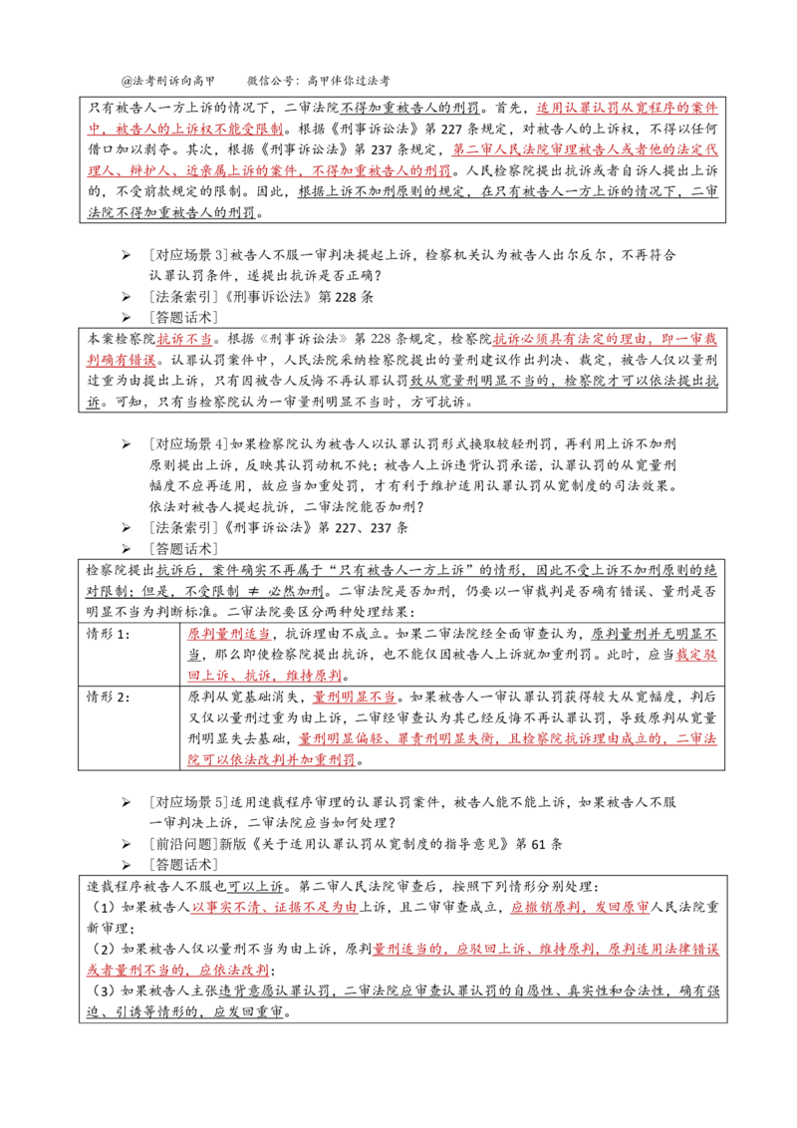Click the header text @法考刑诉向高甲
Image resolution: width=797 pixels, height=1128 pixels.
pyautogui.click(x=168, y=81)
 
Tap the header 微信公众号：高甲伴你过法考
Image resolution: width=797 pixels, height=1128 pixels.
pyautogui.click(x=318, y=81)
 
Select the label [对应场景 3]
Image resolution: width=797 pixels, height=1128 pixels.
pyautogui.click(x=188, y=255)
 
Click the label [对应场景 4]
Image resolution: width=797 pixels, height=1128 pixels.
pyautogui.click(x=188, y=443)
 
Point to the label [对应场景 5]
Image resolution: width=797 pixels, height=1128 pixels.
pyautogui.click(x=188, y=801)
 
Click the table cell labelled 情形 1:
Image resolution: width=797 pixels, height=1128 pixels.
pyautogui.click(x=108, y=634)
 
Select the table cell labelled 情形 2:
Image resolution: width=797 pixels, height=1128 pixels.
pyautogui.click(x=108, y=697)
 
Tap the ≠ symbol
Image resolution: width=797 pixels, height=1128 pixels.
pyautogui.click(x=253, y=591)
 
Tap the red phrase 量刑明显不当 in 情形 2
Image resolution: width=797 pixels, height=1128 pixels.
pyautogui.click(x=355, y=697)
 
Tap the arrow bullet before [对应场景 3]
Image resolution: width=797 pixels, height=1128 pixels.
pyautogui.click(x=127, y=255)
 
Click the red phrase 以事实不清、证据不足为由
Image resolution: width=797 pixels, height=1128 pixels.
pyautogui.click(x=275, y=907)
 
